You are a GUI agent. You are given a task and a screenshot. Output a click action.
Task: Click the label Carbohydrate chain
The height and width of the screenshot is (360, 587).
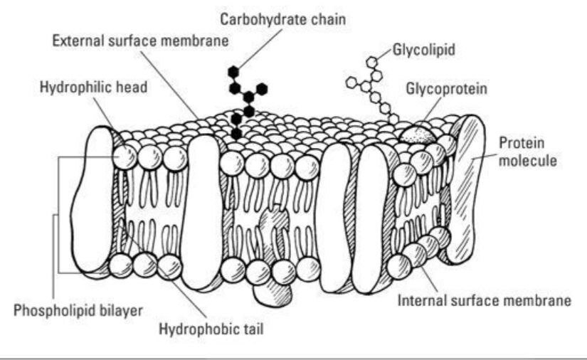(282, 19)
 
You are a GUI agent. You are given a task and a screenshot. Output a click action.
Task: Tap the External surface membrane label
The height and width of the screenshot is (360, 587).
(140, 41)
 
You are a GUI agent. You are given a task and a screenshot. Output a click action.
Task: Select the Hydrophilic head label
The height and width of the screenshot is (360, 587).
(94, 88)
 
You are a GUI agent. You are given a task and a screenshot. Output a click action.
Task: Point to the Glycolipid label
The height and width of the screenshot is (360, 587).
(423, 50)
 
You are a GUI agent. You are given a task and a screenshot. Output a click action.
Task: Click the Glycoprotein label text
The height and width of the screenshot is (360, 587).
(447, 89)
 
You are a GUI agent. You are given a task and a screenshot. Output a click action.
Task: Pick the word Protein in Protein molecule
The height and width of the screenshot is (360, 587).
(522, 142)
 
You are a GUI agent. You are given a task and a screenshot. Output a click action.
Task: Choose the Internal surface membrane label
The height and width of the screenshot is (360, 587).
(485, 300)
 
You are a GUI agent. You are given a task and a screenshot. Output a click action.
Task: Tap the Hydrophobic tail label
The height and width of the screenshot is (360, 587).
(211, 329)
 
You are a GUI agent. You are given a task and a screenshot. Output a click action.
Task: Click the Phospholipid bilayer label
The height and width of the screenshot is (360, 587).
(78, 311)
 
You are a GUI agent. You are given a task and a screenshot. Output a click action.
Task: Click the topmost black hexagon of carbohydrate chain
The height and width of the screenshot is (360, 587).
(233, 71)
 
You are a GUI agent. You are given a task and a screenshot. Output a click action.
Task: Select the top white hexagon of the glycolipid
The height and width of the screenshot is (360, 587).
(371, 62)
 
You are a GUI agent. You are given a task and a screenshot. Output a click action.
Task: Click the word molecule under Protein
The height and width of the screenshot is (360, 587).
(528, 161)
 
